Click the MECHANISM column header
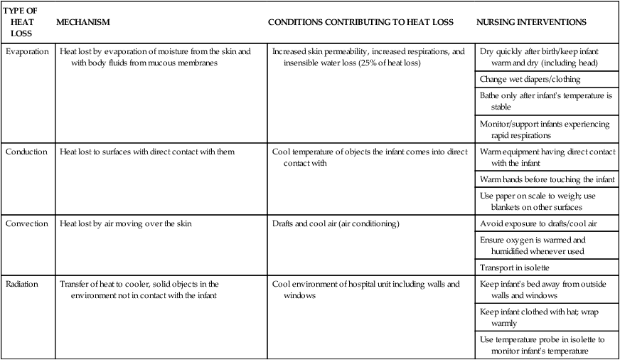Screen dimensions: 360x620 pos(83,22)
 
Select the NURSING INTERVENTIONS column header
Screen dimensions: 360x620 pos(531,22)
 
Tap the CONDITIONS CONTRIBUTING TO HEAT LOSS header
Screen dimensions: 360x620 pos(360,22)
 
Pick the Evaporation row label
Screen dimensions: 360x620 pos(28,52)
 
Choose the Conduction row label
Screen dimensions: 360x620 pos(27,152)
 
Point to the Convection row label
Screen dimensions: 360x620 pos(28,223)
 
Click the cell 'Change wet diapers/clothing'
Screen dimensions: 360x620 pos(530,79)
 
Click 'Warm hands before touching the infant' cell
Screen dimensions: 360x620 pos(547,179)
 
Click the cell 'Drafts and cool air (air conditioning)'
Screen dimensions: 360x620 pos(336,223)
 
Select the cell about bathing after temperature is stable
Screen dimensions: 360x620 pos(545,100)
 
